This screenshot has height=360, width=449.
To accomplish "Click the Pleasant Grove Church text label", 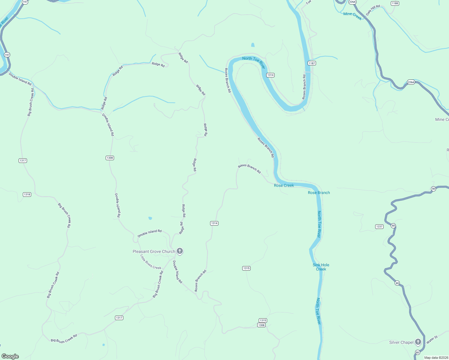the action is pos(154,251).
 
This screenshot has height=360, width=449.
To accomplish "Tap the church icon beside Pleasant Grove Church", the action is pos(180,251).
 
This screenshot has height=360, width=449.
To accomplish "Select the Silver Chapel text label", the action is pos(401,342).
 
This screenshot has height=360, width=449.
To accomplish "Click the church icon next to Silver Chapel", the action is pos(418,342).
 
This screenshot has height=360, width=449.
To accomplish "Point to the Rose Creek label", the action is pos(284,185).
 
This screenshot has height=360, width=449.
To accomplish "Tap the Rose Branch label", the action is pos(319,193).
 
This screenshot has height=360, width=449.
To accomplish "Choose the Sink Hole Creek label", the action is pos(321,267).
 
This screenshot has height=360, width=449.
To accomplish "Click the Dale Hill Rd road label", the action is pos(373,10).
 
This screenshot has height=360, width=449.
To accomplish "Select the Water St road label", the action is pos(432,340).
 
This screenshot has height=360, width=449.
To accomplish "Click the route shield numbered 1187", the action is pos(312,63).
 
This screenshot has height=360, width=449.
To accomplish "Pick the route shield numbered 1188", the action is pos(395,3).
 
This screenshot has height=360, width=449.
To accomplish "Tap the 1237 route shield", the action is pos(379,226).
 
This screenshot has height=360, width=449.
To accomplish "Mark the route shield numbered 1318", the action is pos(27,194).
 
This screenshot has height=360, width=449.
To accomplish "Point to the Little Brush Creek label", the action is pos(151,262).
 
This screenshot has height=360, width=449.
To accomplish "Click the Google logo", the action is pos(10,356).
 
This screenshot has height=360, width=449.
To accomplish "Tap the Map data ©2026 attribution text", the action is pos(436,358).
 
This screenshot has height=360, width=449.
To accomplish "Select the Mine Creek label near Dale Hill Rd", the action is pos(352,16).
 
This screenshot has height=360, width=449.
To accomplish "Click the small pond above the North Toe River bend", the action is pos(253,45).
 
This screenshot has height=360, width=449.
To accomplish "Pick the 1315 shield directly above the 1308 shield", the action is pos(263,320).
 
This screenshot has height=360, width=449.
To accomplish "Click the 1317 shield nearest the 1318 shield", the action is pos(23,160).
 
